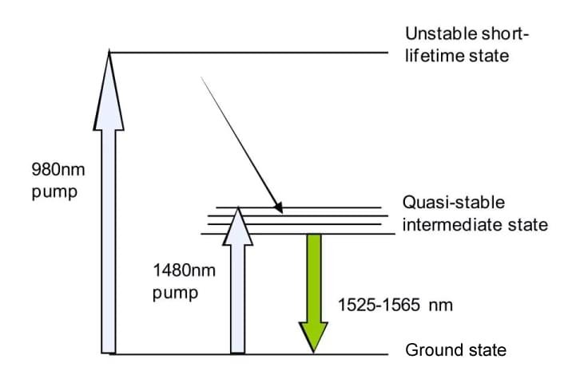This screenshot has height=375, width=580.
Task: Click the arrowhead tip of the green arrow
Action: tap(312, 349)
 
